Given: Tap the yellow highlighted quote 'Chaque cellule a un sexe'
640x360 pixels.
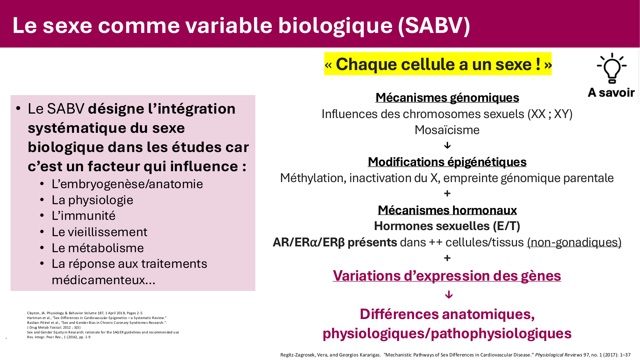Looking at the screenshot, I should coord(438,64).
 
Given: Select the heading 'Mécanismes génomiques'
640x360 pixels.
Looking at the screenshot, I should coord(447,98).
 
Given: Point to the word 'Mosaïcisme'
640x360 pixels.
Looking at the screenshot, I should coord(447,130).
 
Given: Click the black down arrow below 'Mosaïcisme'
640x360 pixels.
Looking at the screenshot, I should coord(447,146).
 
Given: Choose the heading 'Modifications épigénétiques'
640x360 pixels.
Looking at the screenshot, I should coord(447,162).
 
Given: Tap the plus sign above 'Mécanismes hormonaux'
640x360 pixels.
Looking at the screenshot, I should coord(447,194).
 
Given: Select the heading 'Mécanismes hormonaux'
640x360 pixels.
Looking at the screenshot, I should coord(447,210).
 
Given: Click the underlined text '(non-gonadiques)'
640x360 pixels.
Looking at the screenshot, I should coord(574,243).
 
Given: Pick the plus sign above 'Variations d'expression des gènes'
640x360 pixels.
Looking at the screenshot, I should coord(447,258).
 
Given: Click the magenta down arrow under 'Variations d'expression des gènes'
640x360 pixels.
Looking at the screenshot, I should coord(449,294).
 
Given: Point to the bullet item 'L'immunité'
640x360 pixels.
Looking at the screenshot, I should coord(84,216).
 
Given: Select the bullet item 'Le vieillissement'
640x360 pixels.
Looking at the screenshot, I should coord(100,232).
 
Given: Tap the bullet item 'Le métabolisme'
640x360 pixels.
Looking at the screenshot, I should coord(98,248).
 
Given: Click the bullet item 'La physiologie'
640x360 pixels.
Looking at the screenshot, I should coord(92,200).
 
